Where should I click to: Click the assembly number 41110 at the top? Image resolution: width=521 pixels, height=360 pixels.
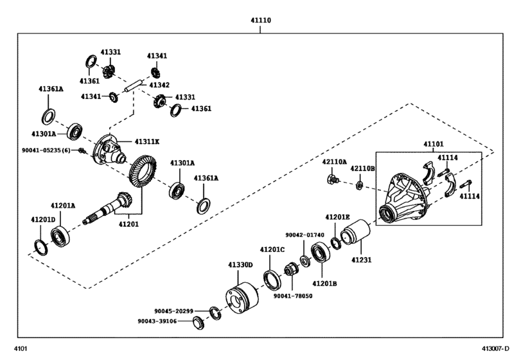point(260,21)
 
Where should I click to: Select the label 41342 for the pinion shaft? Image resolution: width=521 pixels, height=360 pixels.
point(159,84)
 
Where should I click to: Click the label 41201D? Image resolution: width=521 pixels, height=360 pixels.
point(42,220)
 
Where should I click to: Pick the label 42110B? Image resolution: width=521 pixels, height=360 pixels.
point(362,168)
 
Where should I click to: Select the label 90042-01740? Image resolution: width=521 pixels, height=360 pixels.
point(305,235)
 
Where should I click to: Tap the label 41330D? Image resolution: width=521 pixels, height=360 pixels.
point(240,264)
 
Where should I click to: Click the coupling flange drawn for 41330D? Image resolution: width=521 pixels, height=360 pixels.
point(239,301)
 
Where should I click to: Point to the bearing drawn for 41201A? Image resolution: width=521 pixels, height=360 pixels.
point(61,237)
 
